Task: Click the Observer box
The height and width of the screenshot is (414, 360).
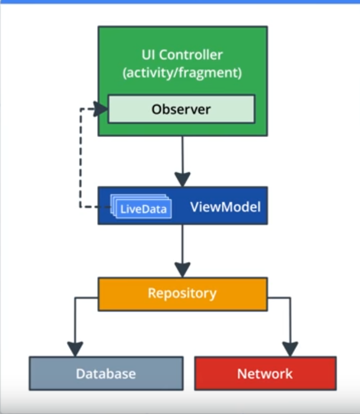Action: (181, 109)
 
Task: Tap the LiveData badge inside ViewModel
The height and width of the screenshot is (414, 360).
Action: (142, 206)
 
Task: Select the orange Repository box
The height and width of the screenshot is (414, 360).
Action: (183, 294)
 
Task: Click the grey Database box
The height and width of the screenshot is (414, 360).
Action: (106, 373)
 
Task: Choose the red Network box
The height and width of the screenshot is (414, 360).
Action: (266, 373)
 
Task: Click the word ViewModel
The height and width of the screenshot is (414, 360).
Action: (225, 207)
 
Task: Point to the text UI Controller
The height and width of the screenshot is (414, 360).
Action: (182, 55)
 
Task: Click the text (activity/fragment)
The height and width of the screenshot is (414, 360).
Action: (182, 72)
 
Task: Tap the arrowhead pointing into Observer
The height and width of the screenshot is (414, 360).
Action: (100, 109)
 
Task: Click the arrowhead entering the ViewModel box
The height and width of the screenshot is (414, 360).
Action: (183, 179)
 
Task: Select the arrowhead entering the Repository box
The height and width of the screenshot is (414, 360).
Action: (183, 270)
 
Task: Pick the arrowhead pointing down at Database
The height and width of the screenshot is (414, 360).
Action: (75, 349)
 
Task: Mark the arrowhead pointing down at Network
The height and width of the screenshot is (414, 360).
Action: (291, 349)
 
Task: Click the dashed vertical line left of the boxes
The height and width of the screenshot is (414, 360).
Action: (81, 158)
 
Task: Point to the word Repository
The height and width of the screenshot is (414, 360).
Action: (182, 294)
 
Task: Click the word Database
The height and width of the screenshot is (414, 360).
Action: (106, 374)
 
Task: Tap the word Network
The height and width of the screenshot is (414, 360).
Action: (265, 374)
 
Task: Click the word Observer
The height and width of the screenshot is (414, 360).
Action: (181, 109)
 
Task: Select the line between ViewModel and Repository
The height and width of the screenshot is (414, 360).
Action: (183, 244)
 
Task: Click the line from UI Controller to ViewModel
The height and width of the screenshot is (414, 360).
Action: (183, 154)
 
